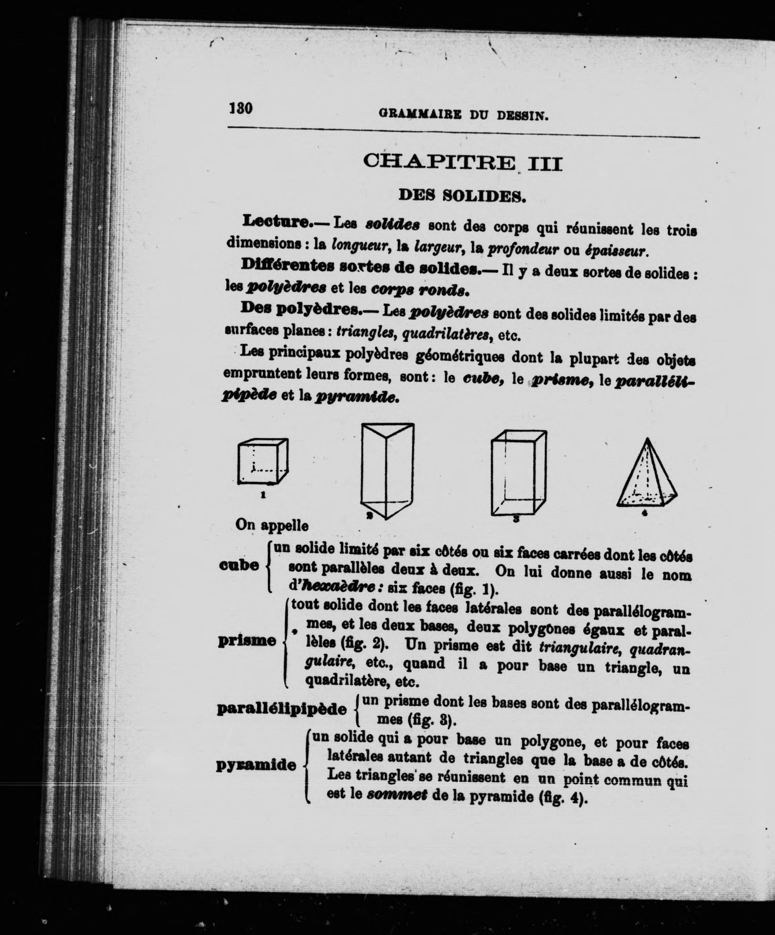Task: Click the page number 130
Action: (241, 108)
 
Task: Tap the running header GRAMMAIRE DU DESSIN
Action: (463, 115)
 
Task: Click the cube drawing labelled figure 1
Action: (262, 461)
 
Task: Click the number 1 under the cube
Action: (263, 494)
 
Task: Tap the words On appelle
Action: (272, 525)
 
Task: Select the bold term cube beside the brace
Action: (239, 565)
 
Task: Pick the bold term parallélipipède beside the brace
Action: (282, 709)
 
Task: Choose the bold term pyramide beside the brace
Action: (256, 765)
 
